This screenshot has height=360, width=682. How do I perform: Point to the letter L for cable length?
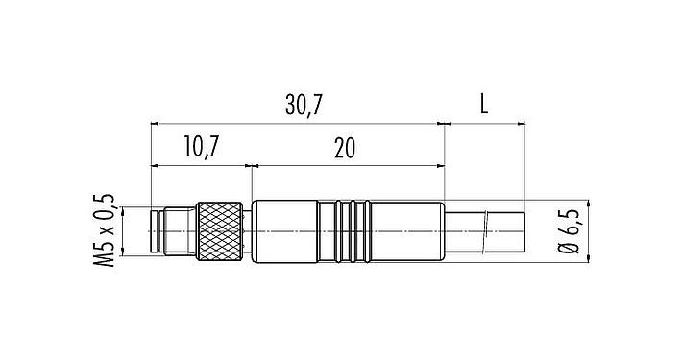(x=484, y=105)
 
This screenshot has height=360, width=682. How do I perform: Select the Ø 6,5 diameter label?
(x=572, y=231)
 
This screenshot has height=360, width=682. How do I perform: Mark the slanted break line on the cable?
(x=489, y=231)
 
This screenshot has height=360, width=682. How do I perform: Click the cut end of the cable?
(x=524, y=231)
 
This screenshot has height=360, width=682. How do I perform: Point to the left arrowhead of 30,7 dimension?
(x=155, y=123)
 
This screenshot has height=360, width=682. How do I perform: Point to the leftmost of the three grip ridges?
(x=341, y=231)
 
